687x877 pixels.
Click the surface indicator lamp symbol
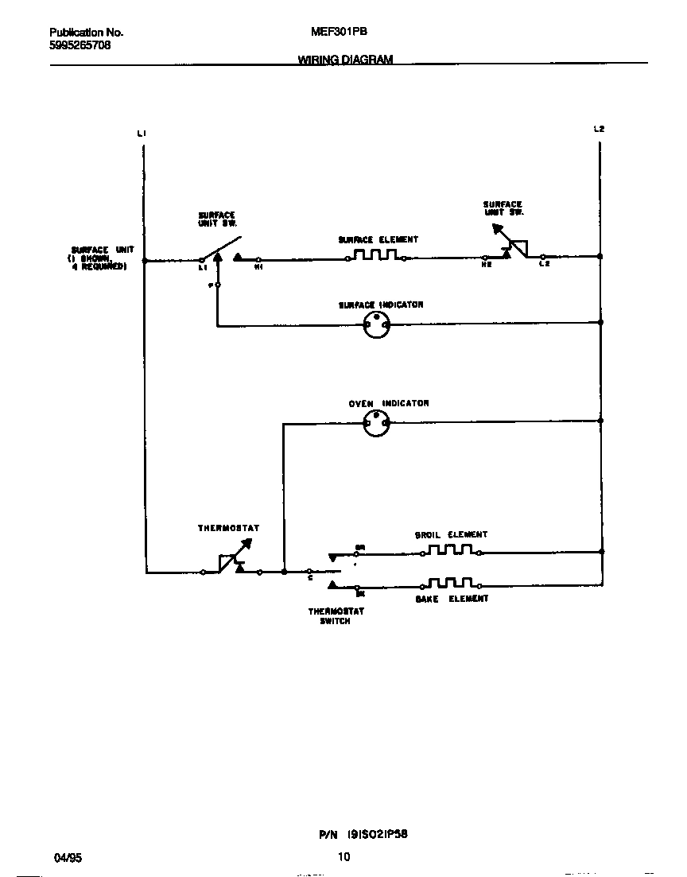click(x=376, y=324)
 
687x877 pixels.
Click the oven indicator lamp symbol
click(x=376, y=423)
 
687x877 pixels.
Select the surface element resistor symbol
click(x=376, y=256)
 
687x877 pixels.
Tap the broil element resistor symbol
click(x=451, y=549)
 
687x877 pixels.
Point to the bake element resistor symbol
click(x=451, y=584)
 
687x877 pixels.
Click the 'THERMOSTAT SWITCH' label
click(x=336, y=616)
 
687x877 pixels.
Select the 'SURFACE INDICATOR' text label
click(x=381, y=305)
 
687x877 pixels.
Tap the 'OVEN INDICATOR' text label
click(x=389, y=403)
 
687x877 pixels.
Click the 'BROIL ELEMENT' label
click(x=451, y=535)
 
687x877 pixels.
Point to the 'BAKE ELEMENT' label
click(x=452, y=599)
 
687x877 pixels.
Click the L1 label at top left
click(x=141, y=133)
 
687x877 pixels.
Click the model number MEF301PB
click(x=339, y=33)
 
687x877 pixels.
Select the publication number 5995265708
click(x=80, y=45)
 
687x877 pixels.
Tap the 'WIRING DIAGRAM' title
click(x=345, y=60)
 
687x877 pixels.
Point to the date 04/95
click(x=68, y=858)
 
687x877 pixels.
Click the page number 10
click(x=343, y=857)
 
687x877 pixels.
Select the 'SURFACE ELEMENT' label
click(x=378, y=239)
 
